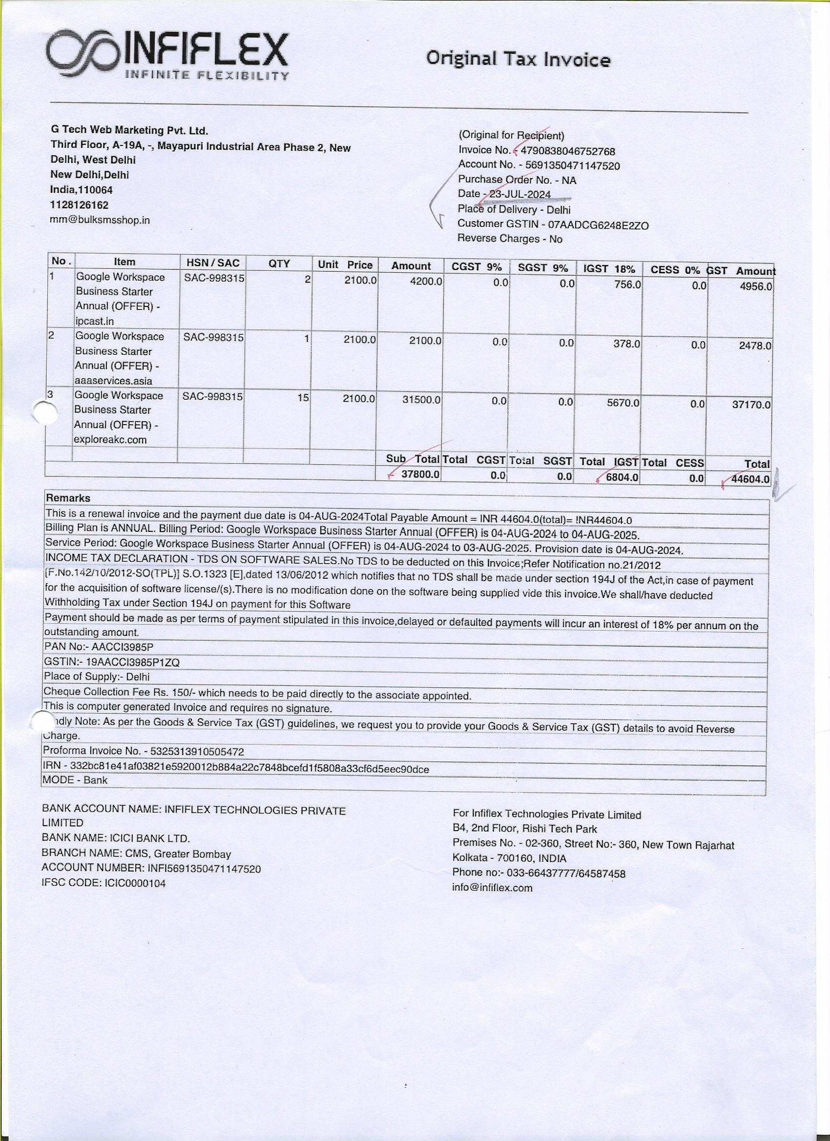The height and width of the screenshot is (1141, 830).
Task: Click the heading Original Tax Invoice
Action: (x=518, y=60)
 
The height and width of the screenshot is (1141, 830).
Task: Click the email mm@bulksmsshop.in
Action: (x=100, y=220)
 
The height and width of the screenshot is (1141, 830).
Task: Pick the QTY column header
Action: (x=279, y=263)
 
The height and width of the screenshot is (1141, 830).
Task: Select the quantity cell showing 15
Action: (x=303, y=397)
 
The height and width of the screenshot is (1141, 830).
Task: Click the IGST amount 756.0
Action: (x=628, y=285)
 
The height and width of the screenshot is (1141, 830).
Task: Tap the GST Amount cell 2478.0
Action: (x=754, y=346)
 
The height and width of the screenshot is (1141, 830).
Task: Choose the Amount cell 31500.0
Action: (x=421, y=400)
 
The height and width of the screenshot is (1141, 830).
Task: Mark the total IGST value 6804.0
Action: (x=622, y=477)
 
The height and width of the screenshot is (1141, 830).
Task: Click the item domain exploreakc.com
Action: (x=110, y=440)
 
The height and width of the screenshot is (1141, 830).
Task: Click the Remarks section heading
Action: (x=68, y=498)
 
